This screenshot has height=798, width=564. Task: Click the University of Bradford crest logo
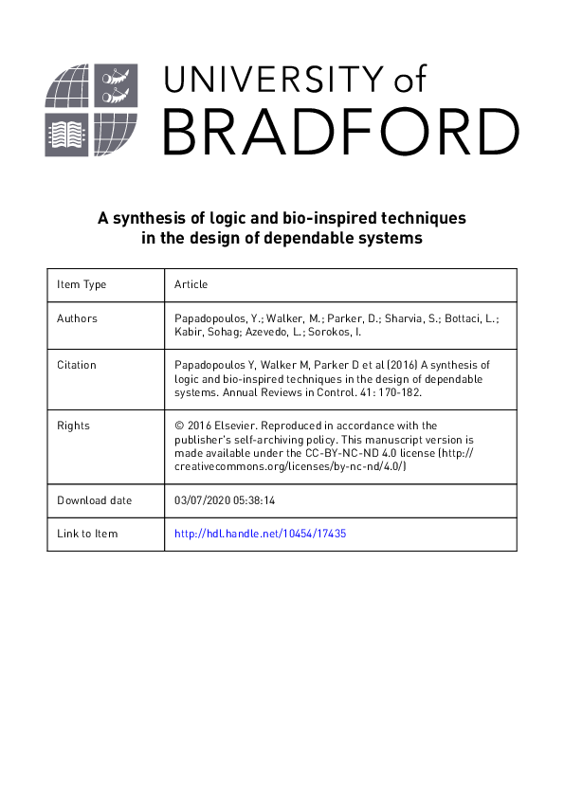pos(92,112)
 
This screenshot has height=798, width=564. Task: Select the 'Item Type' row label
pos(82,284)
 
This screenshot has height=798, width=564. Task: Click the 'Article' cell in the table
pos(191,284)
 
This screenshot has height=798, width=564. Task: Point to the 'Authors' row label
pos(77,318)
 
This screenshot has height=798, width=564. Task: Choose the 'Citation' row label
pos(77,365)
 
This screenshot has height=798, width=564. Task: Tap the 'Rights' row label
pos(73,426)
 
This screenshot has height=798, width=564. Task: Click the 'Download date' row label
pos(94,500)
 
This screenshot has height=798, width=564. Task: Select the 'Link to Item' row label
pos(87,534)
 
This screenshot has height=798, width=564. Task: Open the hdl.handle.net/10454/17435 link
pos(261,534)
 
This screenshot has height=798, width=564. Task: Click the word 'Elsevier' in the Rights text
pos(235,426)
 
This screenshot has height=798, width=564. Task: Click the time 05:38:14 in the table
pos(264,500)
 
